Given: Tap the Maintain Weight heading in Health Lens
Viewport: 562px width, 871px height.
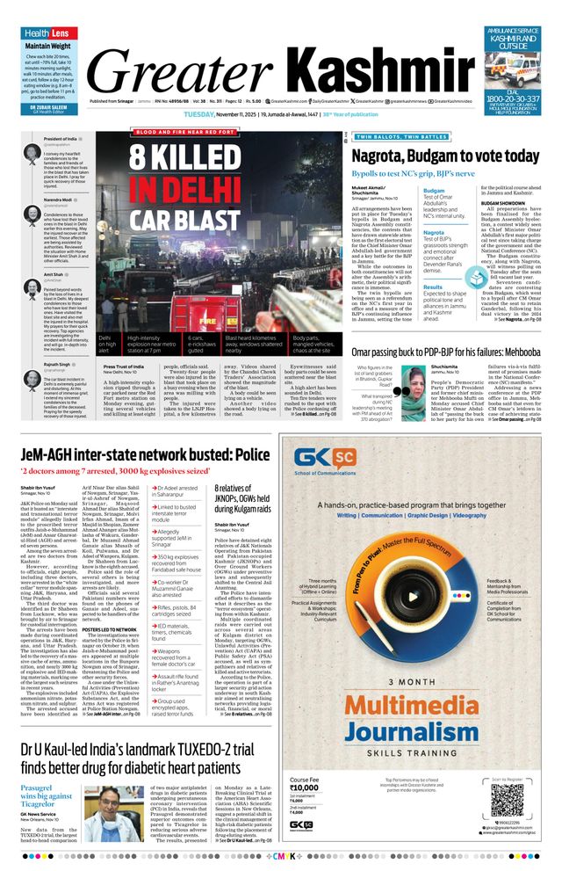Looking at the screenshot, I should pyautogui.click(x=48, y=46).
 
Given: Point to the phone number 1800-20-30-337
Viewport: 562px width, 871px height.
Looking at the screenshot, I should pyautogui.click(x=514, y=98).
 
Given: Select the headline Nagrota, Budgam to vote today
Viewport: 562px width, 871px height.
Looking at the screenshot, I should pyautogui.click(x=445, y=156).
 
